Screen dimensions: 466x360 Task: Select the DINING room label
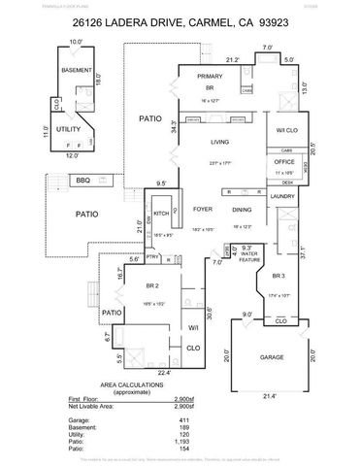[x=242, y=210]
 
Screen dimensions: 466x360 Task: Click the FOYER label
[x=203, y=210]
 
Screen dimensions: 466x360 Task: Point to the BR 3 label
[x=278, y=277]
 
